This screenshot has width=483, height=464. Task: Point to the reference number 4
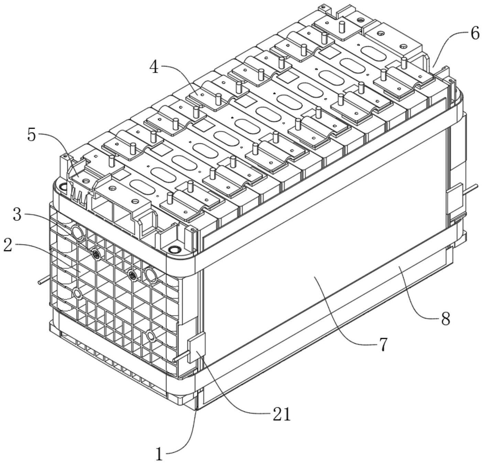coord(154,67)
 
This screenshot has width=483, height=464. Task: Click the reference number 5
coord(31,135)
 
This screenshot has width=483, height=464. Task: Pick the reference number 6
coord(475,34)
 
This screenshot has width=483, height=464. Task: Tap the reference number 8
coord(445,319)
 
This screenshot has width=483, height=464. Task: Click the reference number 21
coord(281,415)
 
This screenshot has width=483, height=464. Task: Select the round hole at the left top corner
coord(63,187)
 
